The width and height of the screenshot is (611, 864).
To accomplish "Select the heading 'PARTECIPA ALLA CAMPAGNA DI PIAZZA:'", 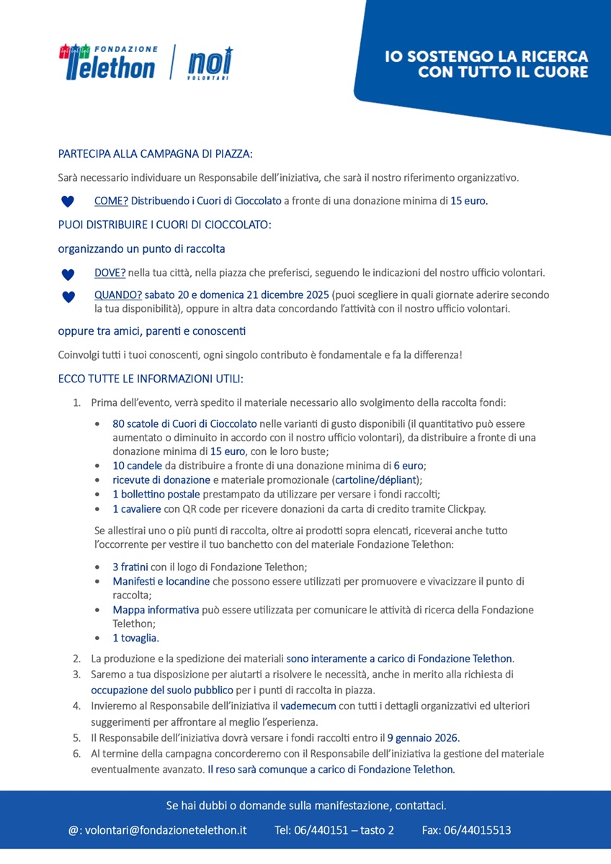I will (156, 153).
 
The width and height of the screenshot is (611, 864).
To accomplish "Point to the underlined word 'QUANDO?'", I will (117, 295).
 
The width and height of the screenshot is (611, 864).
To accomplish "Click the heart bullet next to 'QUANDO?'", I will (68, 297).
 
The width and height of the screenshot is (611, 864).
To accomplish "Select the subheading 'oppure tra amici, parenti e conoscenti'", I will (151, 331).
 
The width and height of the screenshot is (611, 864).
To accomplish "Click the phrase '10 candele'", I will (137, 467).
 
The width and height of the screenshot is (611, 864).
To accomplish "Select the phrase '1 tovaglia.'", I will (135, 638).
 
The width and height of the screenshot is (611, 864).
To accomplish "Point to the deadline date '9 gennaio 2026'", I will (423, 738).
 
